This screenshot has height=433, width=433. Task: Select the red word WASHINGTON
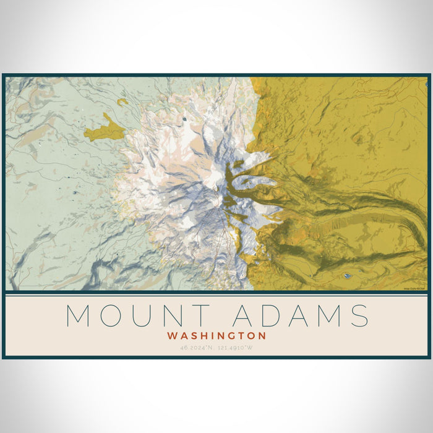[216, 336]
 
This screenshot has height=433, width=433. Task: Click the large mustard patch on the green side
[102, 131]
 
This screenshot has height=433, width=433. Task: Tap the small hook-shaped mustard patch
[122, 101]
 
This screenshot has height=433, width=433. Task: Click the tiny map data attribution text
[414, 288]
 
